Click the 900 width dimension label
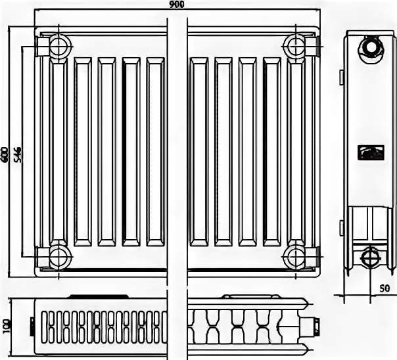(x=177, y=5)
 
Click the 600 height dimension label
(x=5, y=154)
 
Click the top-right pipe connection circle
(x=294, y=46)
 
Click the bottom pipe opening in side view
(x=369, y=255)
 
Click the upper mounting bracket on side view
(x=341, y=76)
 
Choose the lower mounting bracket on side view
(x=341, y=228)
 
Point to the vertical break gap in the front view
(x=177, y=151)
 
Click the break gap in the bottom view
(x=177, y=325)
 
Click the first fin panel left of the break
(x=155, y=151)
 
